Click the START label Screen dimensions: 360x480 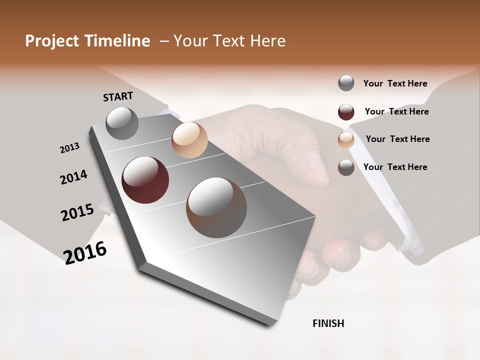(118, 96)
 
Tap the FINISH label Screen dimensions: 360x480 (328, 323)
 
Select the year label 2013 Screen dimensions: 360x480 (69, 147)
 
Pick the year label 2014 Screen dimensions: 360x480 (73, 177)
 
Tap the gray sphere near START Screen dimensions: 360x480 (122, 123)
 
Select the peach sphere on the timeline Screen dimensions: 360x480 (189, 140)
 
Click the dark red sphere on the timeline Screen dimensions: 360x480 (145, 180)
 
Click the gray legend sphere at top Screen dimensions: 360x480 (346, 83)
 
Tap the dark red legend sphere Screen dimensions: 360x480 (346, 112)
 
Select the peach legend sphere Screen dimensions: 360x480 (346, 140)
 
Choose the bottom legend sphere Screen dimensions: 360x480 (346, 167)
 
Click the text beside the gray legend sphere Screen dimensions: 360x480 (395, 83)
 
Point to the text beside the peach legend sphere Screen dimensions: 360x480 (397, 139)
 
